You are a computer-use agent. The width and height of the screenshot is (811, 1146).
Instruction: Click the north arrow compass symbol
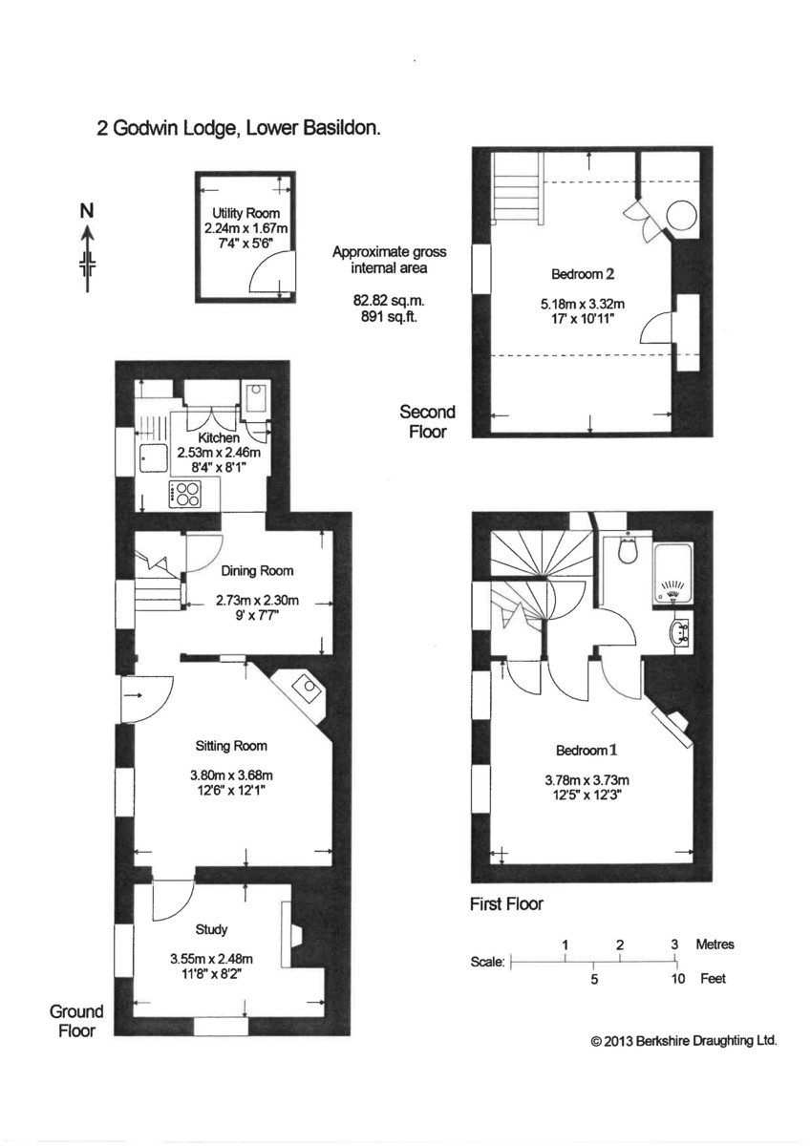(87, 251)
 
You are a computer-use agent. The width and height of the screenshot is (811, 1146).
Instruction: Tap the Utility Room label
(245, 213)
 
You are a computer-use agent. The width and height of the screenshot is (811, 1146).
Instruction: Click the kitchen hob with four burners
(187, 494)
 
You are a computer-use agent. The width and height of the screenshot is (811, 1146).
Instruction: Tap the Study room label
(210, 928)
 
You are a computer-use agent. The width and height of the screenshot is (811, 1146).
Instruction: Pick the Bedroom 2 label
(583, 275)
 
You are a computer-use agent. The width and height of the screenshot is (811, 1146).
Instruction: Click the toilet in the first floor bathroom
(628, 550)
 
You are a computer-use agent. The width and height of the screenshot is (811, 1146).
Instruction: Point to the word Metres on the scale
(715, 944)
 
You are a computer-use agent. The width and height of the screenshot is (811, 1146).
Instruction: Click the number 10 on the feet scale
(677, 979)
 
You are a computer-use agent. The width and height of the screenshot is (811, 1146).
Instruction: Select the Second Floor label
(427, 421)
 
